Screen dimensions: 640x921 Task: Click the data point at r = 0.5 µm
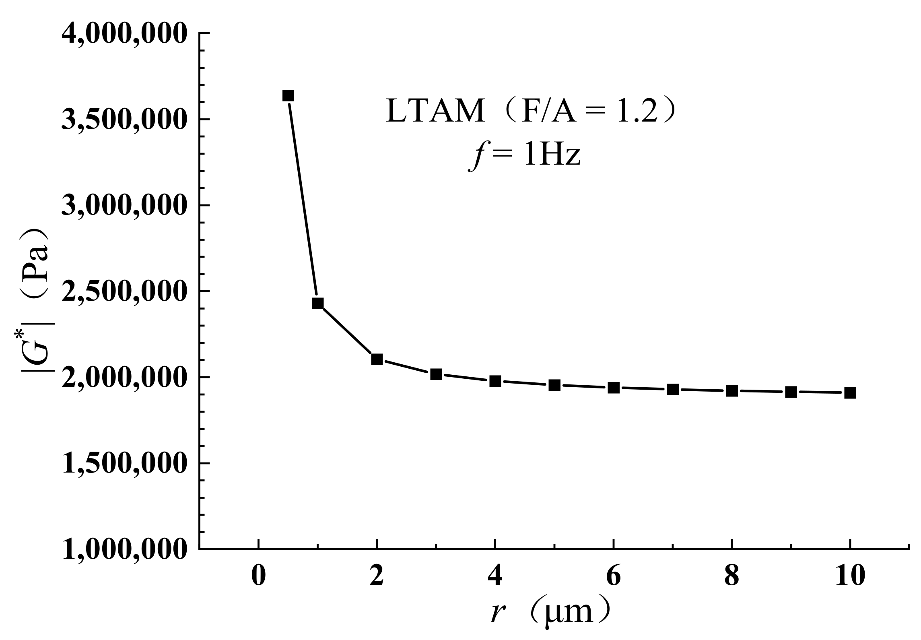coord(288,96)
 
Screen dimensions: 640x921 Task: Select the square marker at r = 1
coord(318,303)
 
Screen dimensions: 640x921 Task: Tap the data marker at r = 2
coord(377,359)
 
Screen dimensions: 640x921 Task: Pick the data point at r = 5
coord(555,385)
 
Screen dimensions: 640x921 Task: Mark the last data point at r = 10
coord(850,393)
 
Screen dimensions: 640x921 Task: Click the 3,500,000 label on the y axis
coord(125,120)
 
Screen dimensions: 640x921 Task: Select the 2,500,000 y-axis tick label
coord(125,291)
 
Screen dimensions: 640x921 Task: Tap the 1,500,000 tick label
coord(125,463)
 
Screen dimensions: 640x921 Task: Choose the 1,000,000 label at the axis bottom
coord(125,549)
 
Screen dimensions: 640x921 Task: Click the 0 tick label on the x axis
coord(259,576)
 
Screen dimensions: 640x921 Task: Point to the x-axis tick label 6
coord(614,576)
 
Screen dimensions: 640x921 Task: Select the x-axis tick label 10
coord(850,576)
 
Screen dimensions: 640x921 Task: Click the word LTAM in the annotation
coord(435,111)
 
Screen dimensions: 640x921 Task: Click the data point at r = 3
coord(436,374)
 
